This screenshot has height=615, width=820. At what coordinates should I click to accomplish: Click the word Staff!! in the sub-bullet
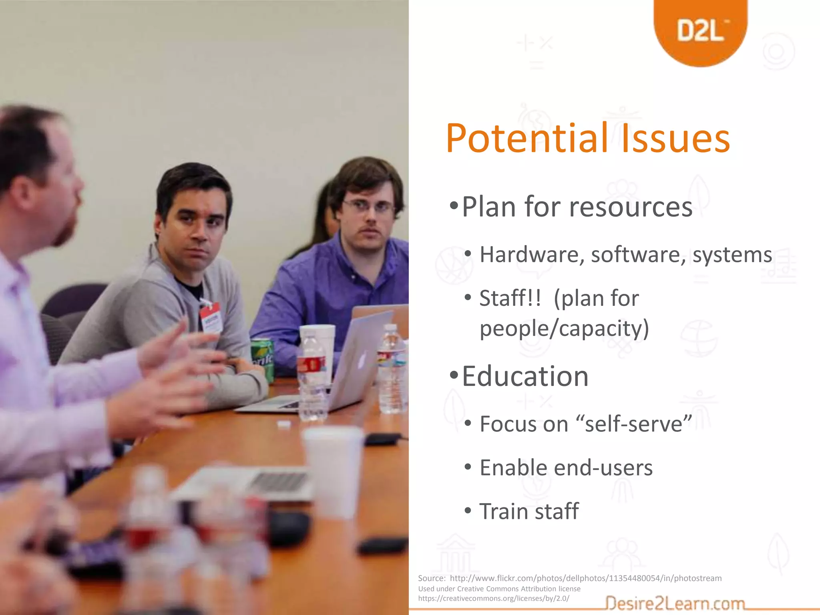pyautogui.click(x=510, y=298)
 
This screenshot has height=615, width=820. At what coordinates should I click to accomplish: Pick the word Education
pyautogui.click(x=525, y=376)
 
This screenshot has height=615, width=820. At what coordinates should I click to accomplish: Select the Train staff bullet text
pyautogui.click(x=529, y=511)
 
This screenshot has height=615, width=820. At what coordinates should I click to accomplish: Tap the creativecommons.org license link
pyautogui.click(x=493, y=598)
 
